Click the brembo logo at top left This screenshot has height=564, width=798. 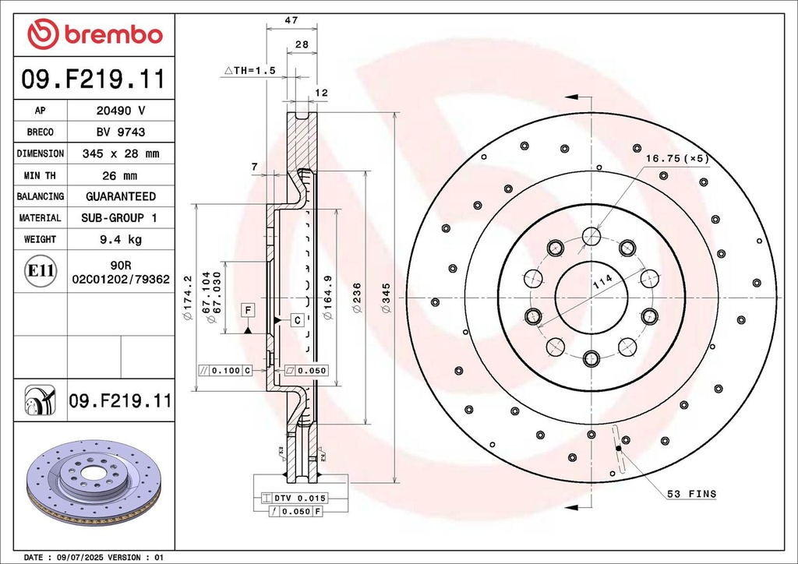click(x=94, y=34)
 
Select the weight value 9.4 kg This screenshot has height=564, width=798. click(x=120, y=239)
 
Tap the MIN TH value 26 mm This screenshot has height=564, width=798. click(x=120, y=175)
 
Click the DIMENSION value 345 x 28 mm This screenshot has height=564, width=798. click(x=120, y=153)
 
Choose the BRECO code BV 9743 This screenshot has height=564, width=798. click(x=120, y=132)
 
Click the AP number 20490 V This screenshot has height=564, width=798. click(x=120, y=111)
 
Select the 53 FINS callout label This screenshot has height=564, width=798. click(x=691, y=494)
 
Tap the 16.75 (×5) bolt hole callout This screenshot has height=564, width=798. click(x=676, y=158)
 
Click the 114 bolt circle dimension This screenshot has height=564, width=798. click(x=602, y=284)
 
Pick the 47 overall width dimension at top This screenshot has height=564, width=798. click(x=291, y=20)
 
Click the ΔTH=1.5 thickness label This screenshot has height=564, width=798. click(x=250, y=70)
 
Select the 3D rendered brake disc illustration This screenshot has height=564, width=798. click(x=94, y=483)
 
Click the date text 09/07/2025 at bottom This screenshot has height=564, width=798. click(x=87, y=558)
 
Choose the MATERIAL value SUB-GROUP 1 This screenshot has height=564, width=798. click(x=120, y=218)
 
